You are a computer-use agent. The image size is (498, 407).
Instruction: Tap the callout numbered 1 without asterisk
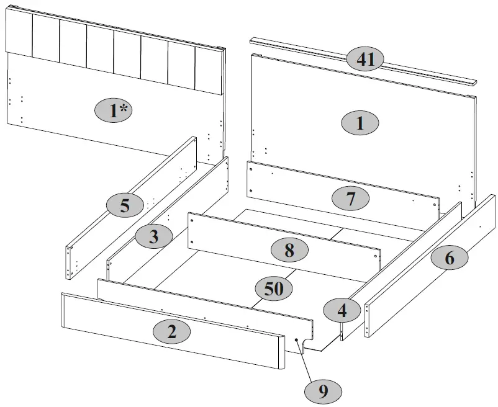360,123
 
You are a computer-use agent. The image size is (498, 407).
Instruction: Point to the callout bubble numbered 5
125,205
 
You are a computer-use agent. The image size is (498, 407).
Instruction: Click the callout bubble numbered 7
350,199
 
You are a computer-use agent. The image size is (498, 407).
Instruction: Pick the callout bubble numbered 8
289,249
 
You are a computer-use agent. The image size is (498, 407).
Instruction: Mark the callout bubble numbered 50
274,288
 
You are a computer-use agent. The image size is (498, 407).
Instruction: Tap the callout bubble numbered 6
449,257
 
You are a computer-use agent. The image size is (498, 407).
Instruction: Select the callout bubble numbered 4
342,309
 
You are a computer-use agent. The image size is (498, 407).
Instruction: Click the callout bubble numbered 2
172,331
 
